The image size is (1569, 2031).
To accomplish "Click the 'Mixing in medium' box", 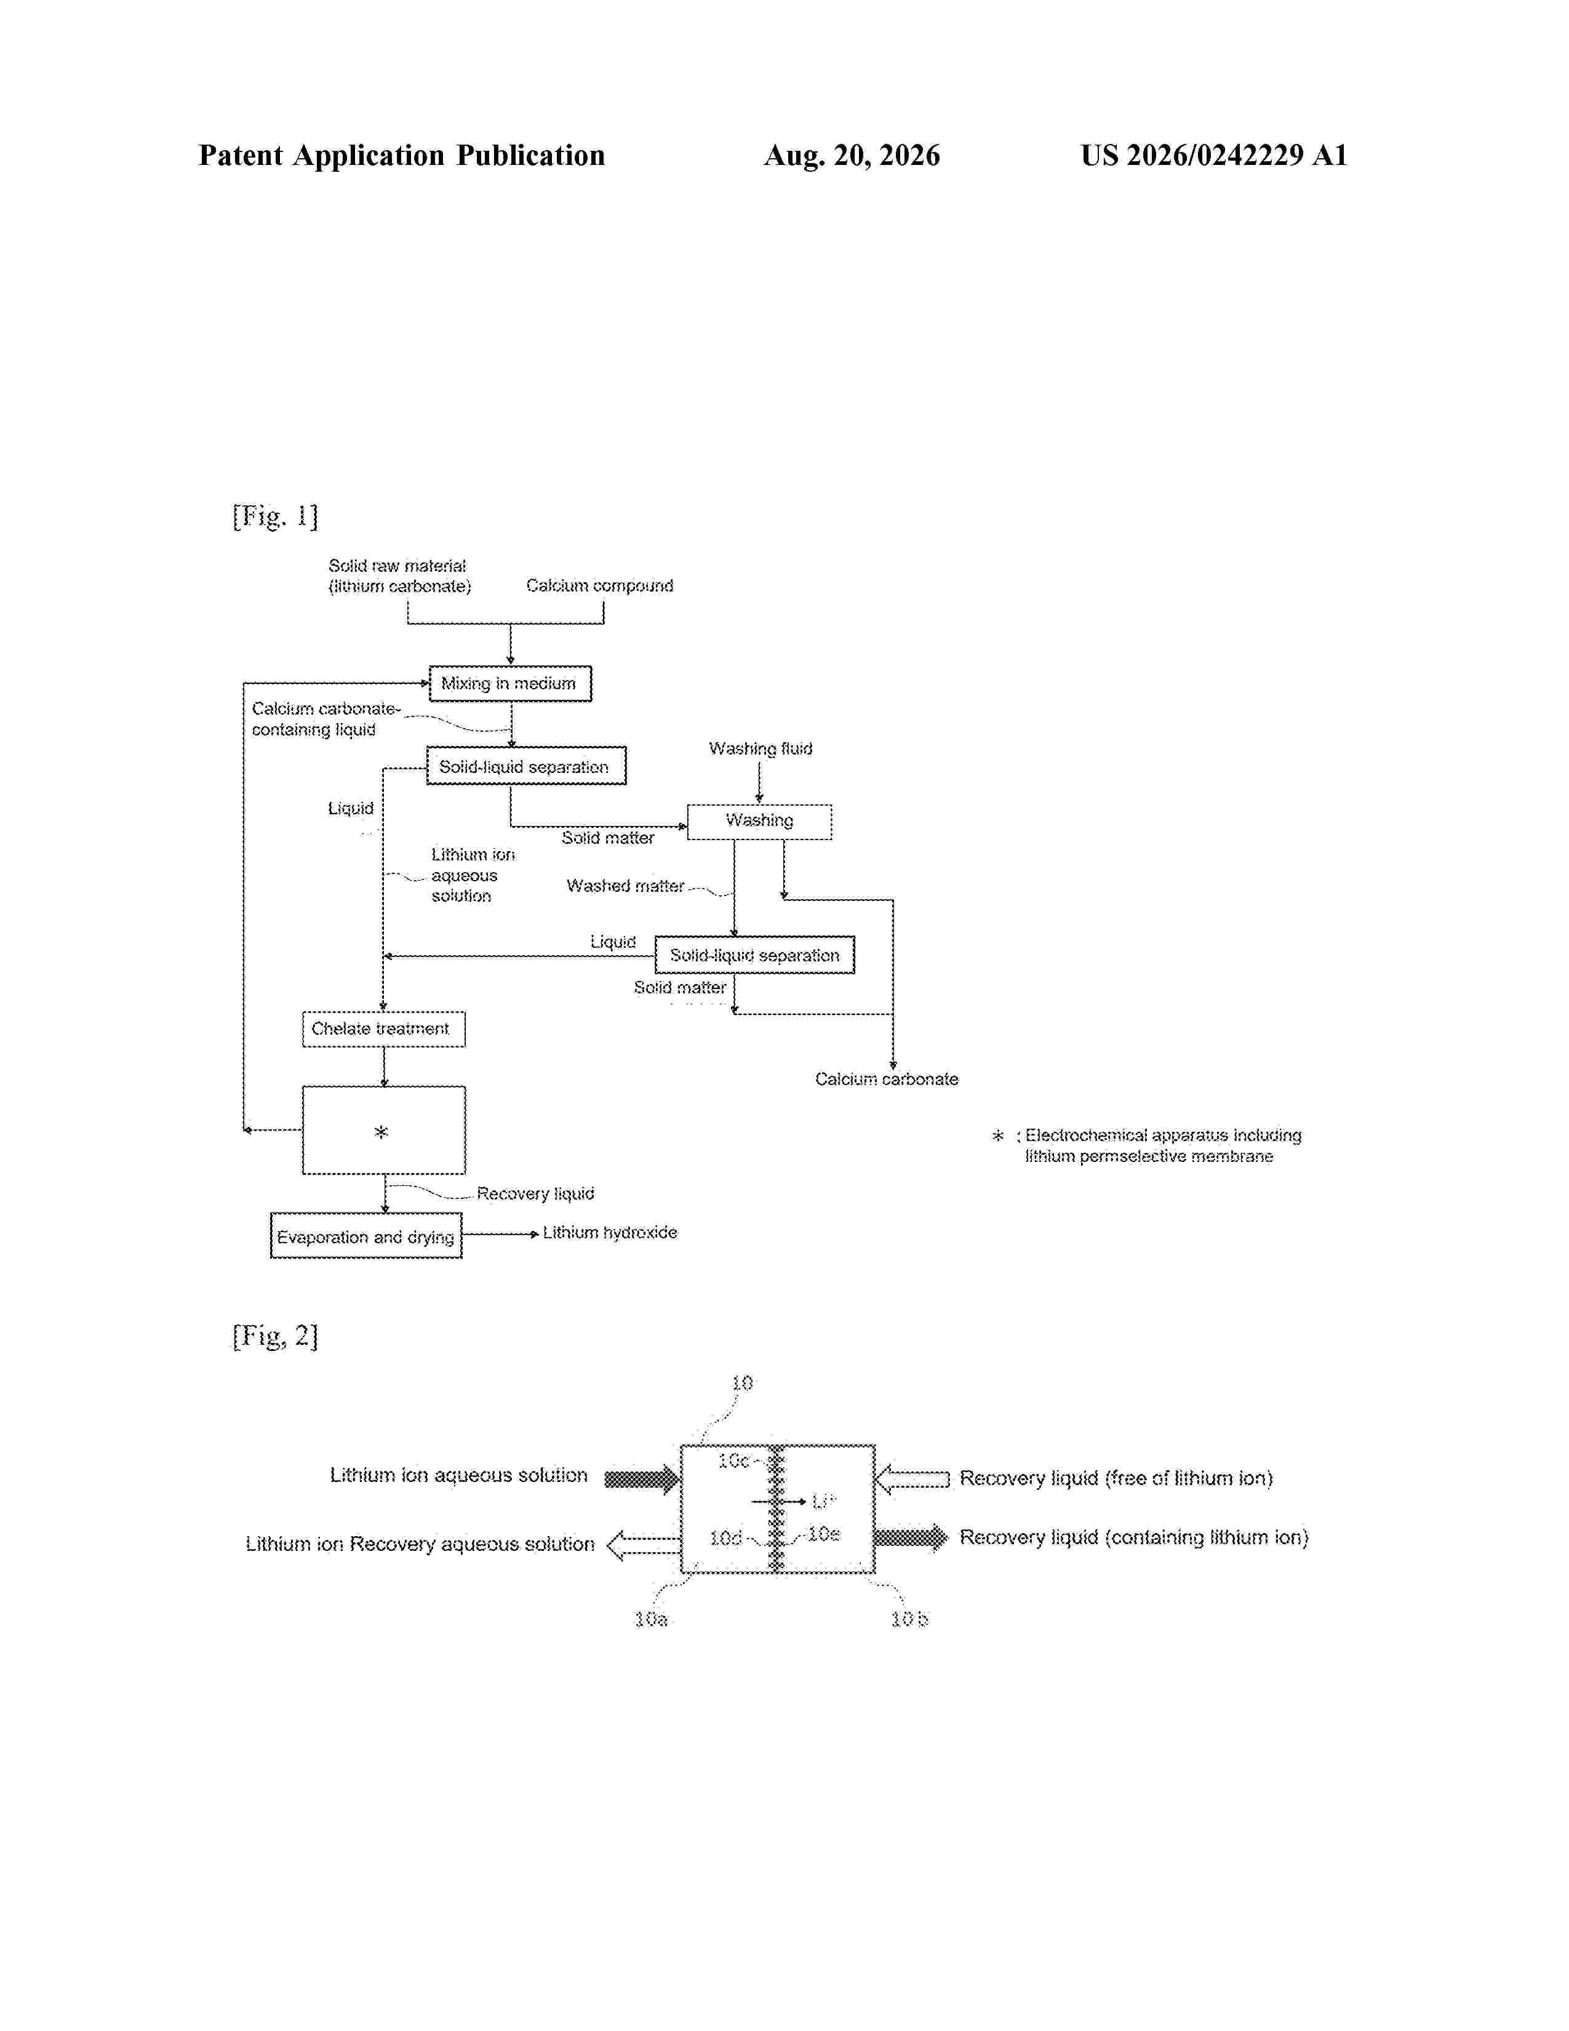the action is pos(509,684).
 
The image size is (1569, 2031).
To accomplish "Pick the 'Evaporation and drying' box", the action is pos(366,1236).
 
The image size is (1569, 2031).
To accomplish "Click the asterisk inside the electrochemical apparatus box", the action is pos(381,1132).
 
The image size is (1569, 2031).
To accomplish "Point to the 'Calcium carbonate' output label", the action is pos(887,1079).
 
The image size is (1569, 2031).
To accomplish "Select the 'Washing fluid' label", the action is pos(761,748).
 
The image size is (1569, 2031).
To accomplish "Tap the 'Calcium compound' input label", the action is pos(599,586).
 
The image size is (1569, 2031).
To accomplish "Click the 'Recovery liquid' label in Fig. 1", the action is pos(535,1193).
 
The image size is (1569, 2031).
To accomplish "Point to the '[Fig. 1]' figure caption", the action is pos(275,516).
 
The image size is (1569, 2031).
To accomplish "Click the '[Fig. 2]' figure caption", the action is pos(275,1336).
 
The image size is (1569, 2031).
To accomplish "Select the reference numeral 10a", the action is pos(650,1619).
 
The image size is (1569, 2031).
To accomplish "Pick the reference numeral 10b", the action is pos(909,1619).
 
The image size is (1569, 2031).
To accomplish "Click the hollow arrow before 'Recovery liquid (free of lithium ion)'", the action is pos(912,1478).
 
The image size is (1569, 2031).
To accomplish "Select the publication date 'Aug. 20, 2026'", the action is pos(852,155).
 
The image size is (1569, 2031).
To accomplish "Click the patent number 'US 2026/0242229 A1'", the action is pos(1214,155).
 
